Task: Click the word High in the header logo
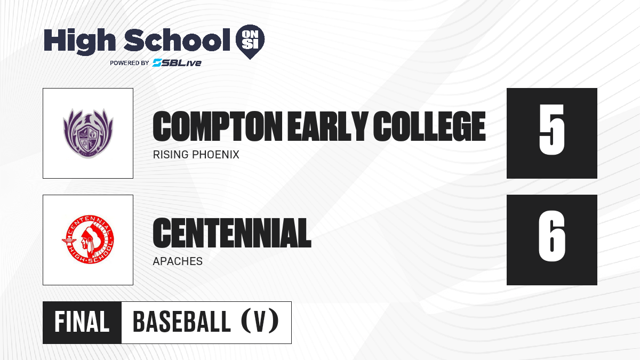[79, 42]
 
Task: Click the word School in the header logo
[177, 39]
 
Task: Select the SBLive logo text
[177, 62]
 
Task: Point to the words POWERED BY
[130, 63]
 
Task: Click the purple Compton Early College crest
[88, 133]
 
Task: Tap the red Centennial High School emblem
[88, 239]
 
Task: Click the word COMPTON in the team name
[218, 126]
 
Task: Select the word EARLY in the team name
[327, 126]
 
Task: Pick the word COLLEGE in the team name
[429, 126]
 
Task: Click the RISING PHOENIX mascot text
[196, 155]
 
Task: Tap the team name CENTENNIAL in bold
[232, 233]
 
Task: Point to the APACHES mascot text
[178, 261]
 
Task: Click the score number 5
[551, 130]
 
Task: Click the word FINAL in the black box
[82, 322]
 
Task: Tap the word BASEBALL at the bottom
[182, 322]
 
